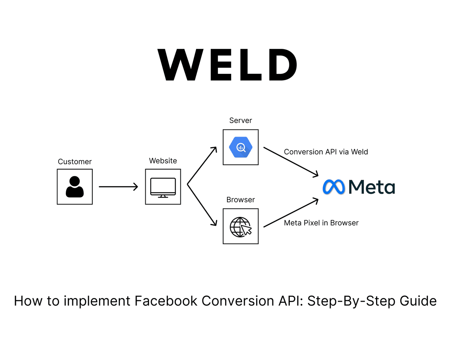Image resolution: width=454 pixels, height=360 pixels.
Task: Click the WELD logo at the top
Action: click(x=227, y=65)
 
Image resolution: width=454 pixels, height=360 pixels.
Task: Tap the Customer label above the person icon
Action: click(x=75, y=162)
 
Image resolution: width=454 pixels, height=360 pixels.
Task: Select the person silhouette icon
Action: click(x=75, y=187)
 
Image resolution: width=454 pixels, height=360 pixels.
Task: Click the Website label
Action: click(x=163, y=161)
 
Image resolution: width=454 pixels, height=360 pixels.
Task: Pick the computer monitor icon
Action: click(x=163, y=187)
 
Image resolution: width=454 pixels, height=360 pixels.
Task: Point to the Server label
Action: click(x=241, y=120)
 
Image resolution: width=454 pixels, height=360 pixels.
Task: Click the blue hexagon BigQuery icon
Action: click(x=241, y=147)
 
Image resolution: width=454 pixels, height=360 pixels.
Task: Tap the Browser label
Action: click(x=241, y=199)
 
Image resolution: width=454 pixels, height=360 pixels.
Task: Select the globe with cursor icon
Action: click(x=241, y=226)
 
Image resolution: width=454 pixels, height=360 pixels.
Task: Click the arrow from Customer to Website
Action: click(x=118, y=187)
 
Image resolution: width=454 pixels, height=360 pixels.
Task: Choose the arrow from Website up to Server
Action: click(x=202, y=166)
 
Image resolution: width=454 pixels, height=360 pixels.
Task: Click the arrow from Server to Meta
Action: click(x=291, y=162)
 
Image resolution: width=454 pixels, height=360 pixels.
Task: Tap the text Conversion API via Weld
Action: click(x=326, y=152)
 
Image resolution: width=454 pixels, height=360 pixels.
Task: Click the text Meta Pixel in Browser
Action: click(x=321, y=223)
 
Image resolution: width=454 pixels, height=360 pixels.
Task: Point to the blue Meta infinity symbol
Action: click(x=334, y=187)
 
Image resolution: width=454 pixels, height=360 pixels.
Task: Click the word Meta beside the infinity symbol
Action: click(x=372, y=187)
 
